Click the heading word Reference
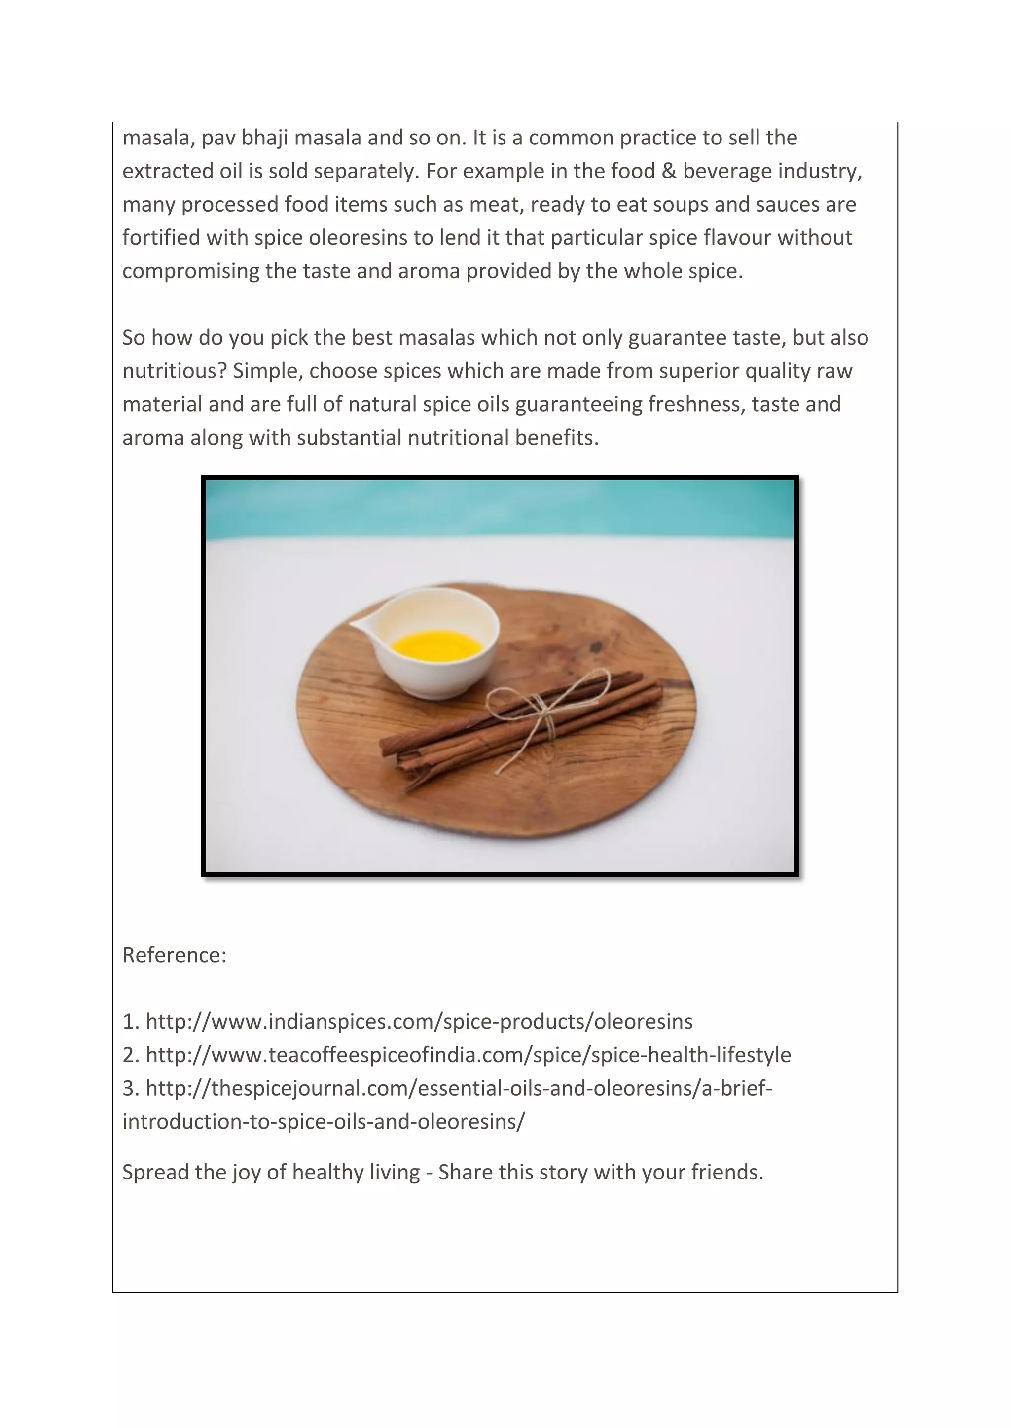pos(174,955)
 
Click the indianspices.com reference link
pos(419,1021)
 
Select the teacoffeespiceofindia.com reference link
pos(468,1055)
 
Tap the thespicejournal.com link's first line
pos(458,1088)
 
